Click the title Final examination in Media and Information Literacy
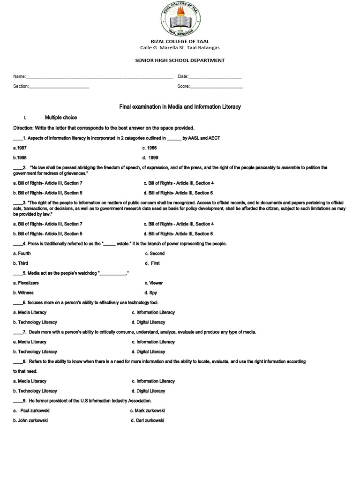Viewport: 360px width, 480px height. [180, 107]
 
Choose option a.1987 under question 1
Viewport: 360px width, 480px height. [20, 148]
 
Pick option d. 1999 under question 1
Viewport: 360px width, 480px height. [150, 157]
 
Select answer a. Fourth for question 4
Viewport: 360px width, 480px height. [22, 254]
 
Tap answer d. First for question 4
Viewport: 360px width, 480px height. [152, 263]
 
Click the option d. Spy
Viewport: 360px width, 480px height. [151, 293]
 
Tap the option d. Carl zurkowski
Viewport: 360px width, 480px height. [148, 420]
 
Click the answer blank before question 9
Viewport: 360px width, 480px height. [18, 402]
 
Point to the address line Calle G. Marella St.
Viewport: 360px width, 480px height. [180, 48]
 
